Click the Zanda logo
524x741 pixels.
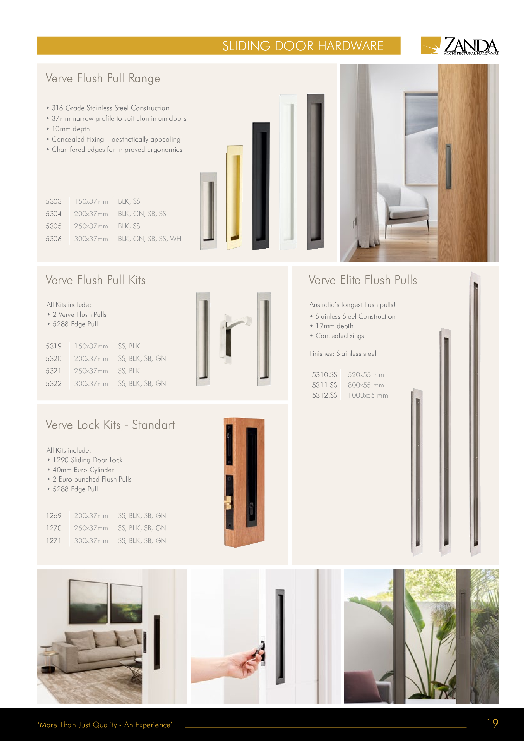459,46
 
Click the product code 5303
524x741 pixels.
54,201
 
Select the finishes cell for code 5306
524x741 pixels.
150,239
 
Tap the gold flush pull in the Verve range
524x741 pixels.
234,197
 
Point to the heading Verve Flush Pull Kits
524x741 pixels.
95,280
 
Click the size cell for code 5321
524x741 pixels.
91,371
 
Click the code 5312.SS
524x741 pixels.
324,395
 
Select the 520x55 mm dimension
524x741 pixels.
366,375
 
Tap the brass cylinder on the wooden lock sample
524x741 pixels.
228,502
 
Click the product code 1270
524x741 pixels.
54,528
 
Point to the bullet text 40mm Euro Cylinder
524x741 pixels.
83,470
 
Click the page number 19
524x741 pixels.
492,723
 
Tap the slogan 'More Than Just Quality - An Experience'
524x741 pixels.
105,725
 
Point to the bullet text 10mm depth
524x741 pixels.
71,129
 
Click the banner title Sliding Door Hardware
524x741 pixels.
303,46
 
